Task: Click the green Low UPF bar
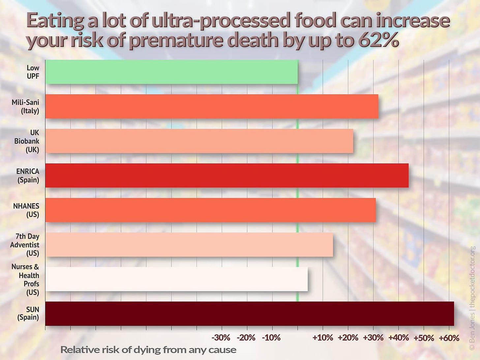tap(171, 72)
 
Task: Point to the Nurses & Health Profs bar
tap(176, 279)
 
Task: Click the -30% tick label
tap(221, 338)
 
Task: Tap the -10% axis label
tap(271, 338)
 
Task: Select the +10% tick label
tap(322, 338)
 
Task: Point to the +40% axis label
tap(398, 338)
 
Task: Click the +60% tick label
tap(449, 338)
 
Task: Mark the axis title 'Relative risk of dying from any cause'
tap(148, 350)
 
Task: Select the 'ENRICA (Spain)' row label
tap(28, 176)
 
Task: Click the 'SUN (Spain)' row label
tap(28, 314)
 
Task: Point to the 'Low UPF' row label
tap(33, 72)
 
